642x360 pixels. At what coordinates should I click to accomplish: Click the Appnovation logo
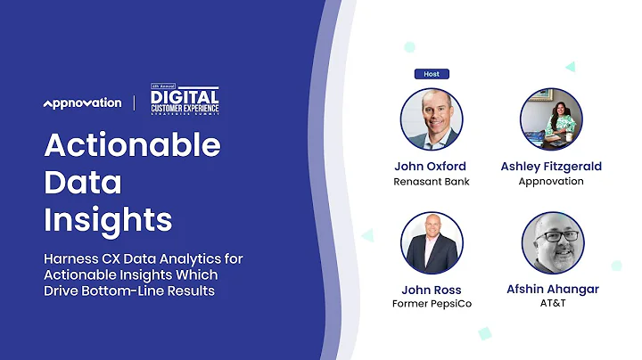(x=82, y=103)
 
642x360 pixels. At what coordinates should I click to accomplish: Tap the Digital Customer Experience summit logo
(x=184, y=101)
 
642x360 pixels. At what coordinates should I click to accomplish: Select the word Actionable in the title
(x=132, y=144)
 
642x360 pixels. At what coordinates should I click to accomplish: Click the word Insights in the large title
(x=108, y=219)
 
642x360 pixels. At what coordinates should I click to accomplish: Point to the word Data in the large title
(x=83, y=182)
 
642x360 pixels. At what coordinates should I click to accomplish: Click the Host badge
(x=432, y=74)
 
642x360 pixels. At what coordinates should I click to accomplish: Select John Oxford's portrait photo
(x=431, y=119)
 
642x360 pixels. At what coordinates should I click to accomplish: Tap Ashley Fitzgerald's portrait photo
(x=551, y=119)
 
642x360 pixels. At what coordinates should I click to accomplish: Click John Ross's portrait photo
(x=432, y=242)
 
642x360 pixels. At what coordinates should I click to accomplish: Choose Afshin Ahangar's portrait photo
(x=552, y=242)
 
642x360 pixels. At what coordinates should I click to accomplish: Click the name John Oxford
(x=431, y=166)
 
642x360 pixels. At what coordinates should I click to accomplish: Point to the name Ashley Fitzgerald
(x=551, y=166)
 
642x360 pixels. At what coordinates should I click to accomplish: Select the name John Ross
(x=431, y=289)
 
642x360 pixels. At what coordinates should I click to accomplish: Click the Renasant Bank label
(x=431, y=182)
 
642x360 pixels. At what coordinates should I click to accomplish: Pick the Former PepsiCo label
(x=431, y=304)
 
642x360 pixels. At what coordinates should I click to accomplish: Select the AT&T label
(x=551, y=304)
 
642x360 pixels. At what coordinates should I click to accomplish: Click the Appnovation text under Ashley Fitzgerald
(x=551, y=182)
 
